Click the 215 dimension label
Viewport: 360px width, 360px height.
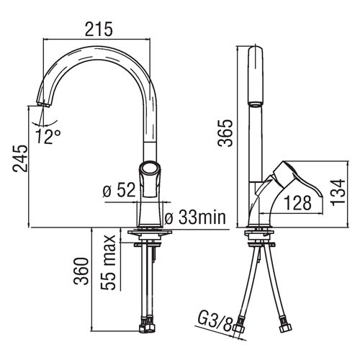[99, 30]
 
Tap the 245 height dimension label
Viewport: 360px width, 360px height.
[20, 158]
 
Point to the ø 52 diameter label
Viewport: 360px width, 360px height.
[119, 191]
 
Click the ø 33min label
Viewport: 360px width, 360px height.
[195, 217]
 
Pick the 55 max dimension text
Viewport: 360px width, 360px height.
[108, 263]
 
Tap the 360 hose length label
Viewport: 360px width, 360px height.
[81, 271]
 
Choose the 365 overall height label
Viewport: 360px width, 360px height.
[225, 133]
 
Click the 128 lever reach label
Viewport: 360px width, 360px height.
[297, 203]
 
